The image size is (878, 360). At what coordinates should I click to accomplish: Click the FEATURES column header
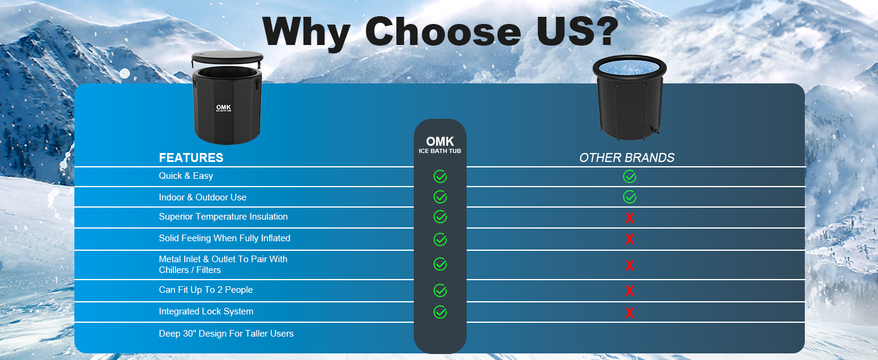(191, 158)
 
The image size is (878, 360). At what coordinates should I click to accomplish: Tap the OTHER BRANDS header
(627, 158)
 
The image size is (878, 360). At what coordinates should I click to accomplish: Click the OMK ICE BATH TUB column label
(440, 145)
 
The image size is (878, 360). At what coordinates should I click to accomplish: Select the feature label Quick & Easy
(186, 176)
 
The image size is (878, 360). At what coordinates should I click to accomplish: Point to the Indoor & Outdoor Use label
(203, 197)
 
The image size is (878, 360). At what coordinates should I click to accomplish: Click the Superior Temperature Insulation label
(223, 217)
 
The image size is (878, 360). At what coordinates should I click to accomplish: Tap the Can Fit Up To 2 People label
(206, 290)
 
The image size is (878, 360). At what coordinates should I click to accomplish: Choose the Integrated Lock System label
(206, 311)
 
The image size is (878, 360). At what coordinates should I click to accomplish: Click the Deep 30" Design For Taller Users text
(226, 334)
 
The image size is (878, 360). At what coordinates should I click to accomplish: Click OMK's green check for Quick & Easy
(440, 176)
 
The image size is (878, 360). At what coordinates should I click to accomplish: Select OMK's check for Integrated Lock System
(440, 312)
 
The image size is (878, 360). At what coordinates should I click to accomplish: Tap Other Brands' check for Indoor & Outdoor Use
(630, 197)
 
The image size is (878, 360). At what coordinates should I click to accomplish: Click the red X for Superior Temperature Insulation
(630, 218)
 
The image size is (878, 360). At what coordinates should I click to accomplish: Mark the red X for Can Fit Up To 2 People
(630, 290)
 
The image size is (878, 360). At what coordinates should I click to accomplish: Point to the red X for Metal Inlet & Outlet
(630, 265)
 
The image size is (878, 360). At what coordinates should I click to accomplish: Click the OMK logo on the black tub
(224, 108)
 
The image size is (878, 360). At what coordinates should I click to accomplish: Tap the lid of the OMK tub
(227, 57)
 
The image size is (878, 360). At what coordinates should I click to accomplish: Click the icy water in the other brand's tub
(630, 67)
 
